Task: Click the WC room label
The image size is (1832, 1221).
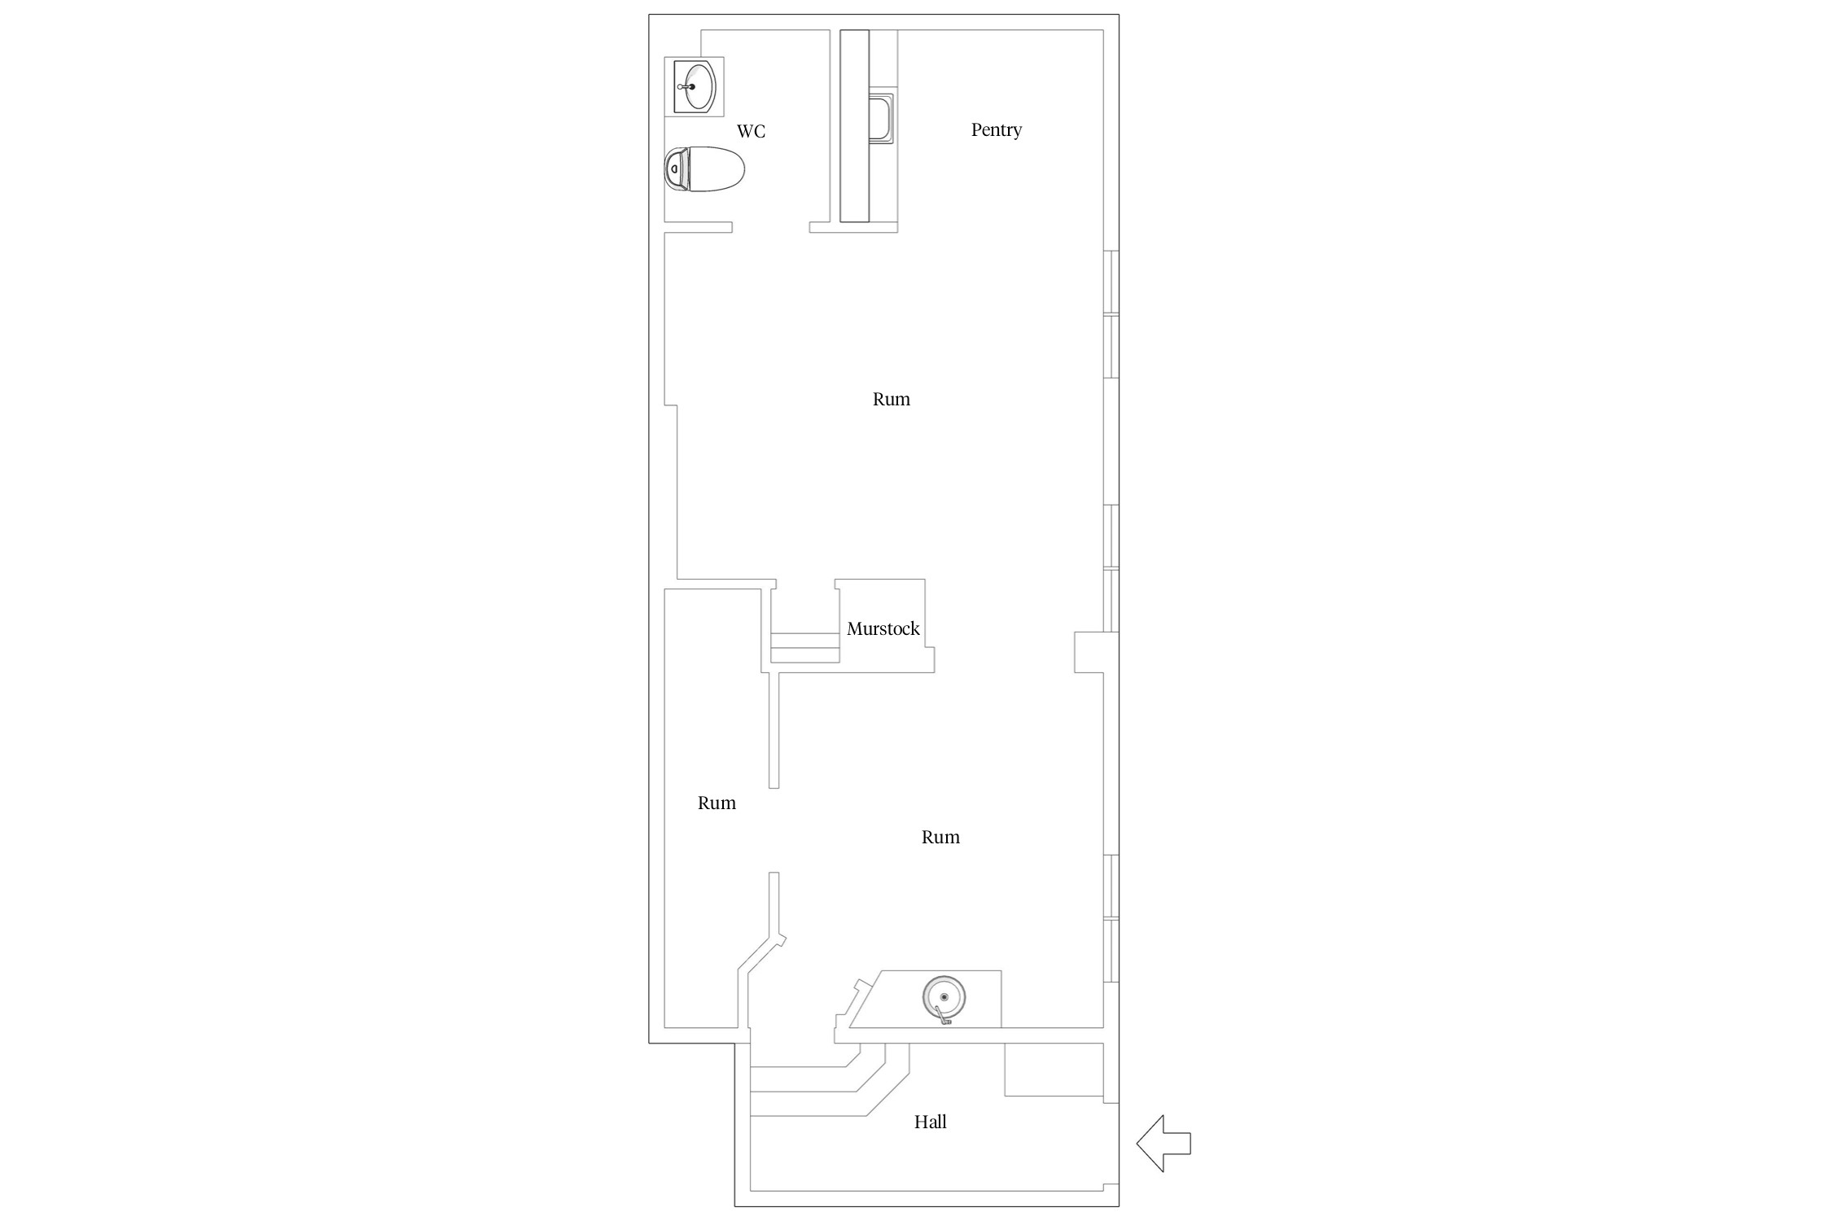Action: (x=751, y=131)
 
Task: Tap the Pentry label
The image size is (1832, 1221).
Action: (x=996, y=129)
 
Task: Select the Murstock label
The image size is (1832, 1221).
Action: (x=883, y=628)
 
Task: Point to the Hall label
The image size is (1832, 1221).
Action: (x=930, y=1122)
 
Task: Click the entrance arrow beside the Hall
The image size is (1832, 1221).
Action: (x=1164, y=1144)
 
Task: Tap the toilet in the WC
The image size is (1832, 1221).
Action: (x=705, y=169)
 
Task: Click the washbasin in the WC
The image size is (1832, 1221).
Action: (x=695, y=86)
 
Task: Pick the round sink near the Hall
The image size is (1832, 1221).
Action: (x=944, y=998)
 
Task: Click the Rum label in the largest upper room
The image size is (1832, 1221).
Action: (x=891, y=399)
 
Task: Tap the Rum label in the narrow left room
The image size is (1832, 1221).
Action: (x=717, y=803)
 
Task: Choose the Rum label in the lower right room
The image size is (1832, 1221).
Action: (x=940, y=837)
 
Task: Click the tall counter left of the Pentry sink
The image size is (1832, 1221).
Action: (x=854, y=125)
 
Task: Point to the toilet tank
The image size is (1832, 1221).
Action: (x=675, y=169)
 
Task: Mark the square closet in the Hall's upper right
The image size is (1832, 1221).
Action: (x=1054, y=1070)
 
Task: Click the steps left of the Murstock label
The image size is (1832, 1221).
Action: (x=805, y=648)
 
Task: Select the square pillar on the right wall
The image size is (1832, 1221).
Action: (x=1089, y=652)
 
